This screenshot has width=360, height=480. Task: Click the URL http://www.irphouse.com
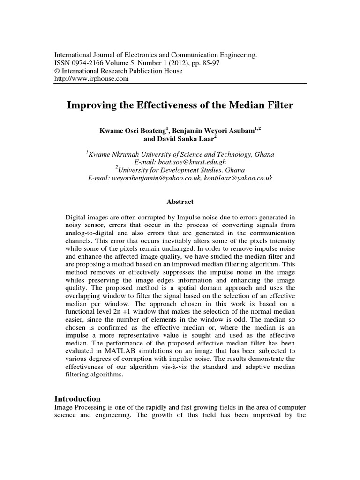91,79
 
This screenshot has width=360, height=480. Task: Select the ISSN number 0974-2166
88,63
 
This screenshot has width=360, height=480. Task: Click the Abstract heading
180,202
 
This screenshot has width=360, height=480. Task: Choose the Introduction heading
78,399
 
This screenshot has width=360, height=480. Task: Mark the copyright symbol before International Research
58,71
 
